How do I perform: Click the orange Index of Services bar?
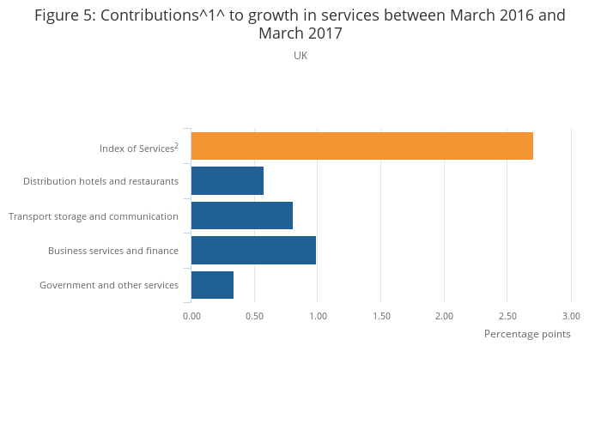(361, 146)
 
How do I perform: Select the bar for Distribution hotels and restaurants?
(228, 180)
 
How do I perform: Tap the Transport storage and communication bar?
(242, 215)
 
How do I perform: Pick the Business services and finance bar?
(253, 250)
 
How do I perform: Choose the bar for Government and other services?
(212, 285)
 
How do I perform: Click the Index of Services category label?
(138, 149)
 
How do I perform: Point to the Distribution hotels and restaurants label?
(100, 181)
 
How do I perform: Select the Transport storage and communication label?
(94, 216)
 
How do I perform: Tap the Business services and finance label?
(113, 251)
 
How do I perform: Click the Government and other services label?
(109, 285)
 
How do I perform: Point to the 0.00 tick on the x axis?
(191, 316)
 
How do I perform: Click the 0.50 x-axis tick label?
(254, 316)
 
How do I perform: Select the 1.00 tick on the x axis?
(318, 316)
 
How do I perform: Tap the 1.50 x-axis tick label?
(381, 316)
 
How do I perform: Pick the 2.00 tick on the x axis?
(444, 316)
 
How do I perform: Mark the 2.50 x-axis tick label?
(507, 316)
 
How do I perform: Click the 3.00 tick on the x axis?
(571, 316)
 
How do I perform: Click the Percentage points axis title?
(527, 334)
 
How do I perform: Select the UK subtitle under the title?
(300, 56)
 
